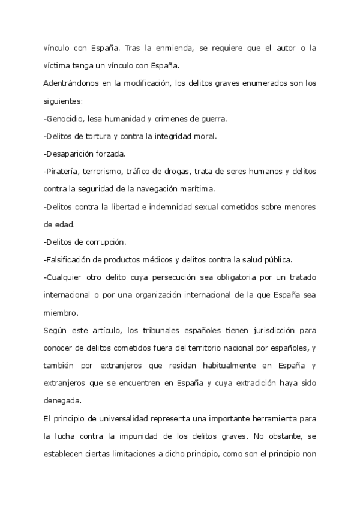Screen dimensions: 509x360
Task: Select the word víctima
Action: click(56, 65)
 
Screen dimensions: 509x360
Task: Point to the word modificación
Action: click(142, 83)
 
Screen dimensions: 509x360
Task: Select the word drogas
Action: click(175, 171)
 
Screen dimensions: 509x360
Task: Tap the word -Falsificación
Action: click(68, 259)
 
